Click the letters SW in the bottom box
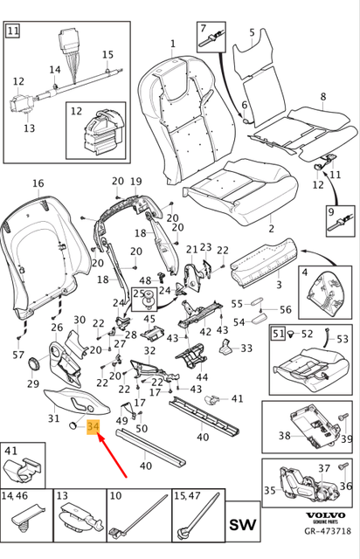coord(246,525)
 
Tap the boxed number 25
coord(138,295)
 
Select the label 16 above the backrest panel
coord(38,183)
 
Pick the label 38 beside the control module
coord(284,434)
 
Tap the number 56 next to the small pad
coord(285,309)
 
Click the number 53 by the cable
coord(342,338)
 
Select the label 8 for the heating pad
coord(322,96)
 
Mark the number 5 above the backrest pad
coord(253,33)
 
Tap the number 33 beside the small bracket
coord(246,348)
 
